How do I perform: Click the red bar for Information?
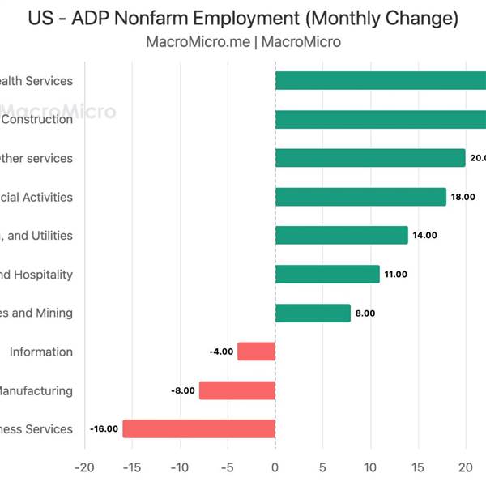click(x=257, y=352)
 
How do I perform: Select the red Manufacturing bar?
click(x=237, y=390)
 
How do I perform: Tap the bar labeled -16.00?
click(x=199, y=429)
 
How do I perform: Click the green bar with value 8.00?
click(x=313, y=313)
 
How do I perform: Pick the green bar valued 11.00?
click(x=327, y=274)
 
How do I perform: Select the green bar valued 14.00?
click(x=342, y=235)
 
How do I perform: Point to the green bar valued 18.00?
click(x=360, y=197)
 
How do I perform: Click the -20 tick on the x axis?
click(x=83, y=467)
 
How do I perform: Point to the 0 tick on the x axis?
click(x=275, y=467)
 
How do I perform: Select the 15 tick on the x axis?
click(x=418, y=467)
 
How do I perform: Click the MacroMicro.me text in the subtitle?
click(x=197, y=41)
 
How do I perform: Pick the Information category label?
click(x=40, y=352)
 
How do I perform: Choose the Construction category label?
click(x=37, y=119)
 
